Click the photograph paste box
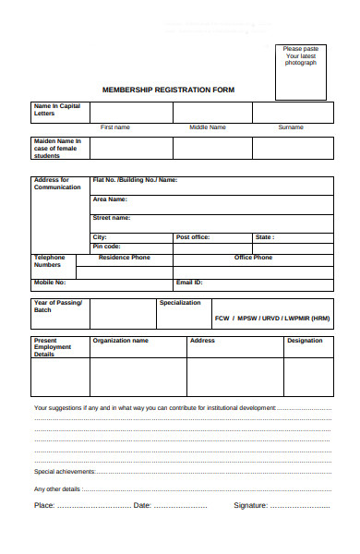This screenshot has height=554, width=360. pyautogui.click(x=300, y=71)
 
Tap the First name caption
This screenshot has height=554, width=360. pyautogui.click(x=115, y=126)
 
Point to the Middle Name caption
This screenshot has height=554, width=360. pyautogui.click(x=208, y=126)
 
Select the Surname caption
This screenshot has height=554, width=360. pyautogui.click(x=291, y=126)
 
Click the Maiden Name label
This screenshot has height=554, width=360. pyautogui.click(x=57, y=148)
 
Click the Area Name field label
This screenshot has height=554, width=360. pyautogui.click(x=110, y=199)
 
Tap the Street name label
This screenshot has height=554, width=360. pyautogui.click(x=111, y=218)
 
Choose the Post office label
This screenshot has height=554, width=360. pyautogui.click(x=193, y=237)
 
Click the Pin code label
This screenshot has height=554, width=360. pyautogui.click(x=106, y=247)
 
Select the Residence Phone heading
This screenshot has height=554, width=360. pyautogui.click(x=125, y=258)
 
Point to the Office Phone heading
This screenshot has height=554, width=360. pyautogui.click(x=253, y=258)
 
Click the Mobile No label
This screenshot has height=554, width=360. pyautogui.click(x=50, y=282)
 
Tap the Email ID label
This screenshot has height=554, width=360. pyautogui.click(x=189, y=282)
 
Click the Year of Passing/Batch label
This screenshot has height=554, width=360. pyautogui.click(x=57, y=306)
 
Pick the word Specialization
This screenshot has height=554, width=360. pyautogui.click(x=179, y=302)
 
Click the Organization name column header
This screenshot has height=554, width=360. pyautogui.click(x=120, y=340)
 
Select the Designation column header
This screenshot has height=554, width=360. pyautogui.click(x=305, y=340)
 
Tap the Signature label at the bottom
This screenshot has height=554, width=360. pyautogui.click(x=250, y=505)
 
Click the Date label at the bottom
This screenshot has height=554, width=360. pyautogui.click(x=142, y=505)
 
